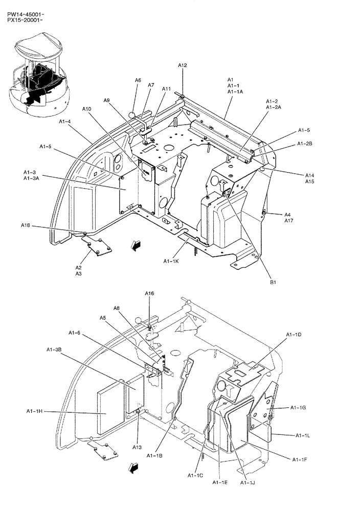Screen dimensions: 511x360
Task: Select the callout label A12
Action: (183, 65)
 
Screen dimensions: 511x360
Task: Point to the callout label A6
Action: (138, 80)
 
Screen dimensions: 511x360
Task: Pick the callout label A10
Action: (87, 109)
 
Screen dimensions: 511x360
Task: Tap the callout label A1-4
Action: (64, 122)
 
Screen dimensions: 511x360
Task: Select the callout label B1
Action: (273, 282)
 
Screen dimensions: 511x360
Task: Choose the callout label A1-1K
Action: (171, 261)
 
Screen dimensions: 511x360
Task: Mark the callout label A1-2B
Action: (305, 144)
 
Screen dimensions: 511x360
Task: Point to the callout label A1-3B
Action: (54, 350)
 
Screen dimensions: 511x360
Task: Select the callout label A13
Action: (137, 447)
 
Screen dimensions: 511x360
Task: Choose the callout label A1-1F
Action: (300, 460)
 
